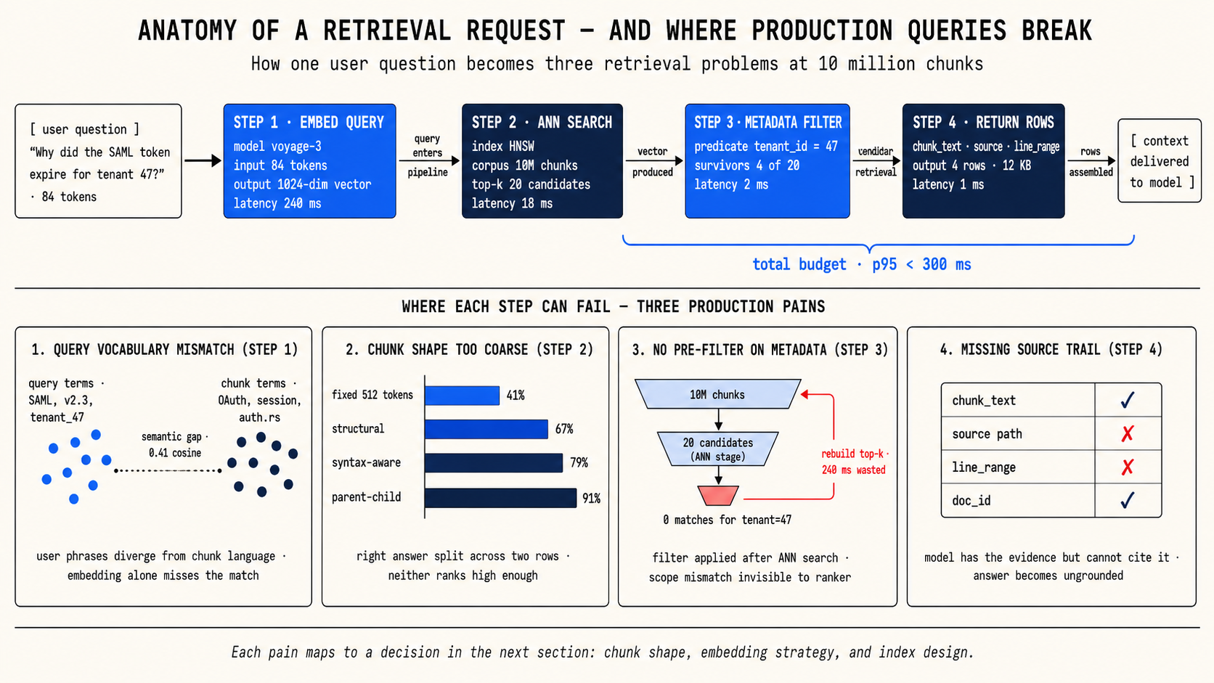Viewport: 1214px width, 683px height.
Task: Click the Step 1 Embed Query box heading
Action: click(x=309, y=123)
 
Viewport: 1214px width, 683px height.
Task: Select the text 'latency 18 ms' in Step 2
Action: click(x=512, y=204)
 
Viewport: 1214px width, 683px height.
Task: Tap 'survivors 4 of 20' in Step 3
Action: click(x=747, y=165)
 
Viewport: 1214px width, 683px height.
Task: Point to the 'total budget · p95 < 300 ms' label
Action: click(x=862, y=264)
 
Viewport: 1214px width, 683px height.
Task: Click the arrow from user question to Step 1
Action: click(x=203, y=160)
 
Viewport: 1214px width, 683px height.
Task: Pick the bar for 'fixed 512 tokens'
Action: click(x=463, y=396)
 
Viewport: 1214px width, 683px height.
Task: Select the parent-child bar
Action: click(x=501, y=498)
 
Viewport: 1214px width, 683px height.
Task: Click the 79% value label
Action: click(x=579, y=463)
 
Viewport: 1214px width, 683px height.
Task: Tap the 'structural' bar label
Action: click(x=358, y=429)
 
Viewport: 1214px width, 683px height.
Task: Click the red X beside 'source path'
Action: click(x=1128, y=434)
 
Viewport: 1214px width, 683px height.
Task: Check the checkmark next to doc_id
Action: click(x=1128, y=500)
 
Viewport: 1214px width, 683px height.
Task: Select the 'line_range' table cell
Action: click(x=1018, y=467)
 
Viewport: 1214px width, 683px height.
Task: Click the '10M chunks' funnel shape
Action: click(x=717, y=394)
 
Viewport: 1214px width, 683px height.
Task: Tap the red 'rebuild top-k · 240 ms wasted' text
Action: click(x=854, y=462)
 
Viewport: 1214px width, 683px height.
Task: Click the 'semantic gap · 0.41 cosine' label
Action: click(x=174, y=445)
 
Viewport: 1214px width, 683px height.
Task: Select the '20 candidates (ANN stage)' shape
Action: click(x=717, y=449)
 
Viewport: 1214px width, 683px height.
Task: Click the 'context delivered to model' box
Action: click(x=1160, y=161)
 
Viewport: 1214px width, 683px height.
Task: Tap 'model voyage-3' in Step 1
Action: click(x=277, y=147)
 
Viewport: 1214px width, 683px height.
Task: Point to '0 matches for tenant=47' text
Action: click(x=727, y=520)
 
